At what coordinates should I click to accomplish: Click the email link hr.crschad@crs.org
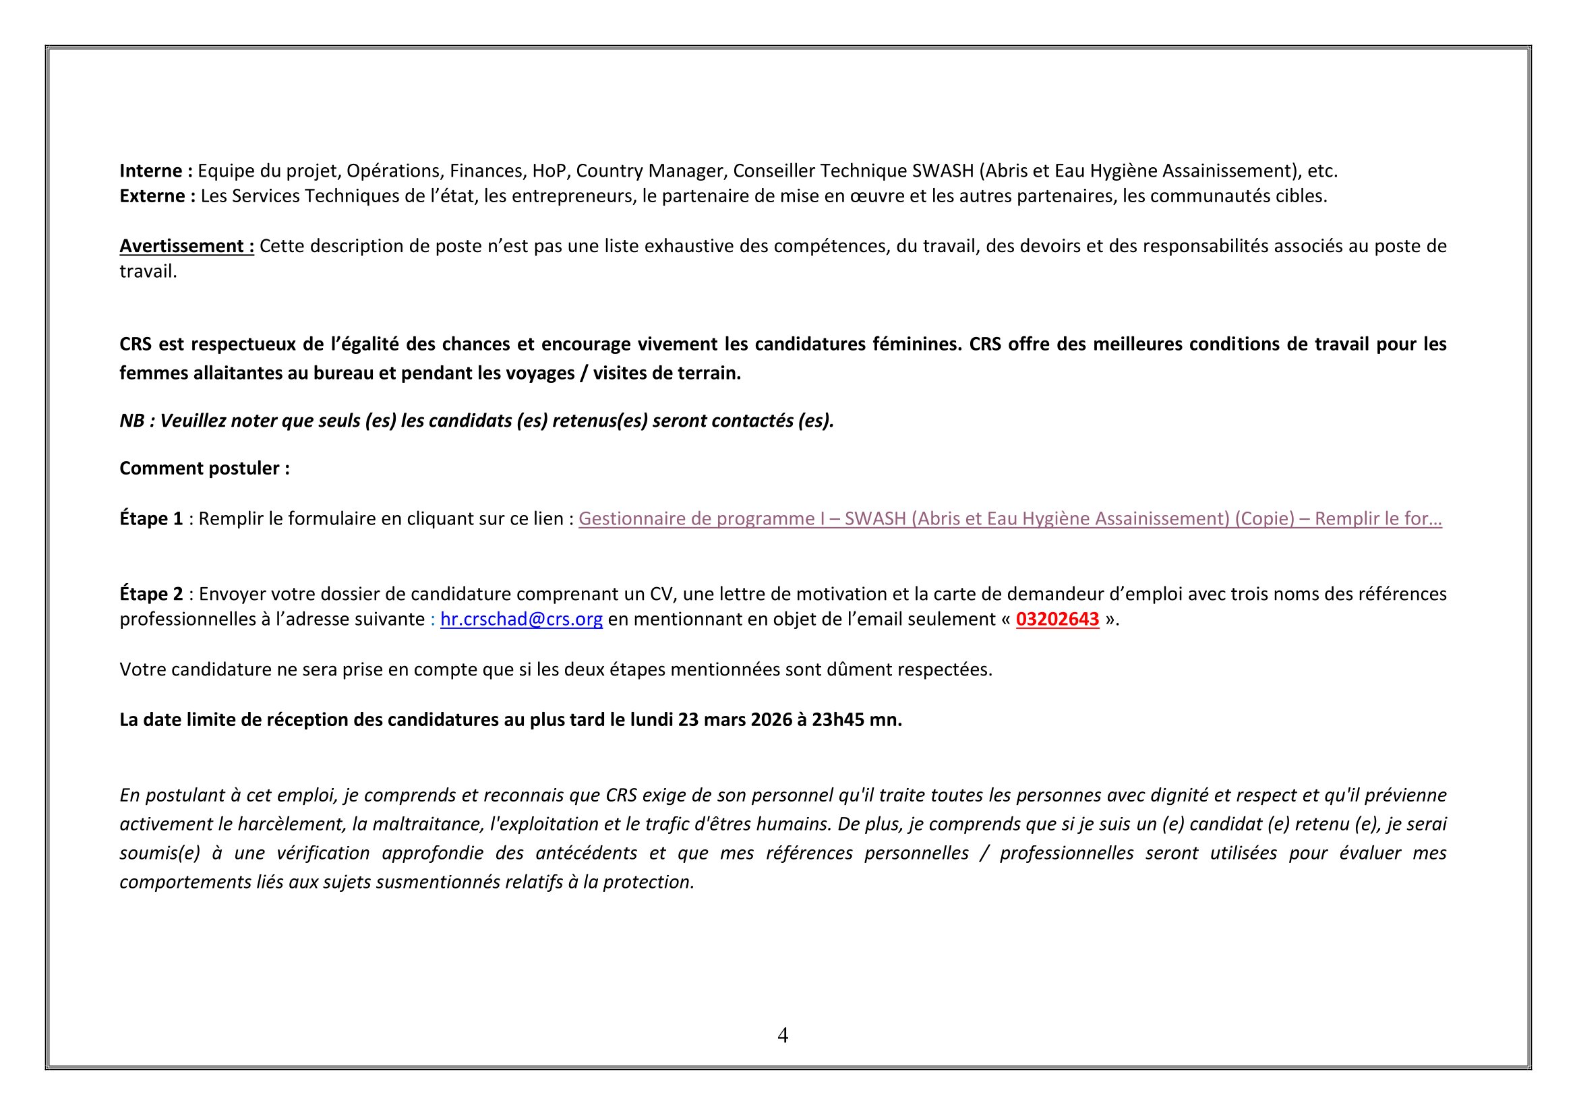pos(521,620)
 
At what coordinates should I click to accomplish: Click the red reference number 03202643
pos(1057,620)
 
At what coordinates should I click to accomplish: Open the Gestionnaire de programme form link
pos(1010,519)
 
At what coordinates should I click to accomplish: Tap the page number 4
pos(783,1035)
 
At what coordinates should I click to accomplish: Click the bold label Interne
pos(151,171)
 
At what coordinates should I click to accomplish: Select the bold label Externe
pos(152,196)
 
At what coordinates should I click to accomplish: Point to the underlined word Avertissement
pos(183,247)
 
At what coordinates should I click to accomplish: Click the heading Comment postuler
pos(204,469)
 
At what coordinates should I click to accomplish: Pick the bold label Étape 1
pos(151,519)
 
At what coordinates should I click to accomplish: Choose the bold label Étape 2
pos(151,594)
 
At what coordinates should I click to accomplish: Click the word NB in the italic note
pos(132,421)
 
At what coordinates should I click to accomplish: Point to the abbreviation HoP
pos(549,171)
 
